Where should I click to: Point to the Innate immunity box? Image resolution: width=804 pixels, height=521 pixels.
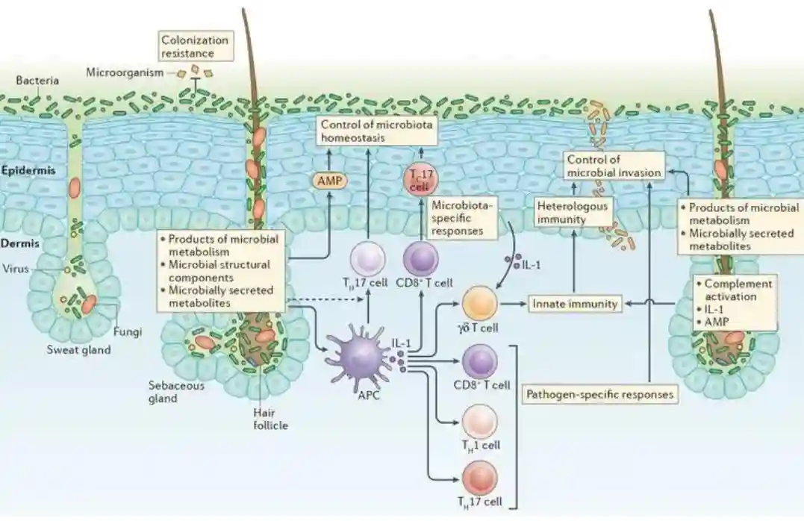(x=575, y=304)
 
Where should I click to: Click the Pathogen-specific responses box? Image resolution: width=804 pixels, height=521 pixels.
(x=601, y=393)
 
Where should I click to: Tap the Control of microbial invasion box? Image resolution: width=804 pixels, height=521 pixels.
(x=613, y=166)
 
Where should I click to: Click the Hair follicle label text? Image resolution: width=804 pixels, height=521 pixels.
(x=269, y=419)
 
